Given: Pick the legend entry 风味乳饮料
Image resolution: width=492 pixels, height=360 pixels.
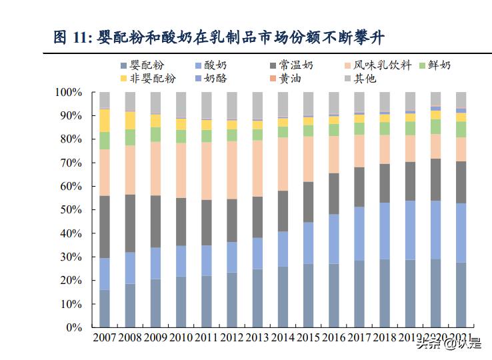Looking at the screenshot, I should [x=377, y=65].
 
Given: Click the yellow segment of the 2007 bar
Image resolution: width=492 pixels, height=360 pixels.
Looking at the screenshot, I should [x=105, y=120].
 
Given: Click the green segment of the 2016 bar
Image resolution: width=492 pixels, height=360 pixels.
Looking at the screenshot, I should [x=333, y=129].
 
